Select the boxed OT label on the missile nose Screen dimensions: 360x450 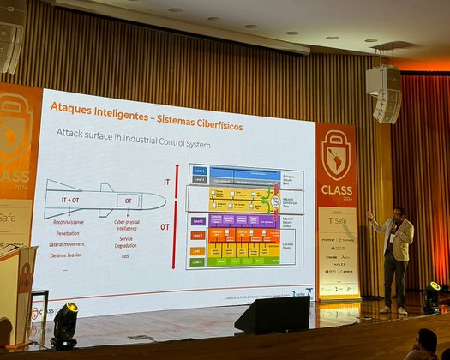pos(129,201)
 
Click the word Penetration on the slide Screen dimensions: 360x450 pos(69,232)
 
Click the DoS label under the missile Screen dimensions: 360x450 pos(125,255)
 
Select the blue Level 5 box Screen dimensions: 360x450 pos(200,170)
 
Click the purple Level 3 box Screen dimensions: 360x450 pos(198,220)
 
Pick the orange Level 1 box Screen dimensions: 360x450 pos(197,250)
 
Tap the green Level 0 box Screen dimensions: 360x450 pos(197,261)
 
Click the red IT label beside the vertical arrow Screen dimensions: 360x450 pos(167,182)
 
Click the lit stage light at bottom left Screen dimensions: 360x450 pos(65,322)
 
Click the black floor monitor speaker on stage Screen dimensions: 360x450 pos(272,315)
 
